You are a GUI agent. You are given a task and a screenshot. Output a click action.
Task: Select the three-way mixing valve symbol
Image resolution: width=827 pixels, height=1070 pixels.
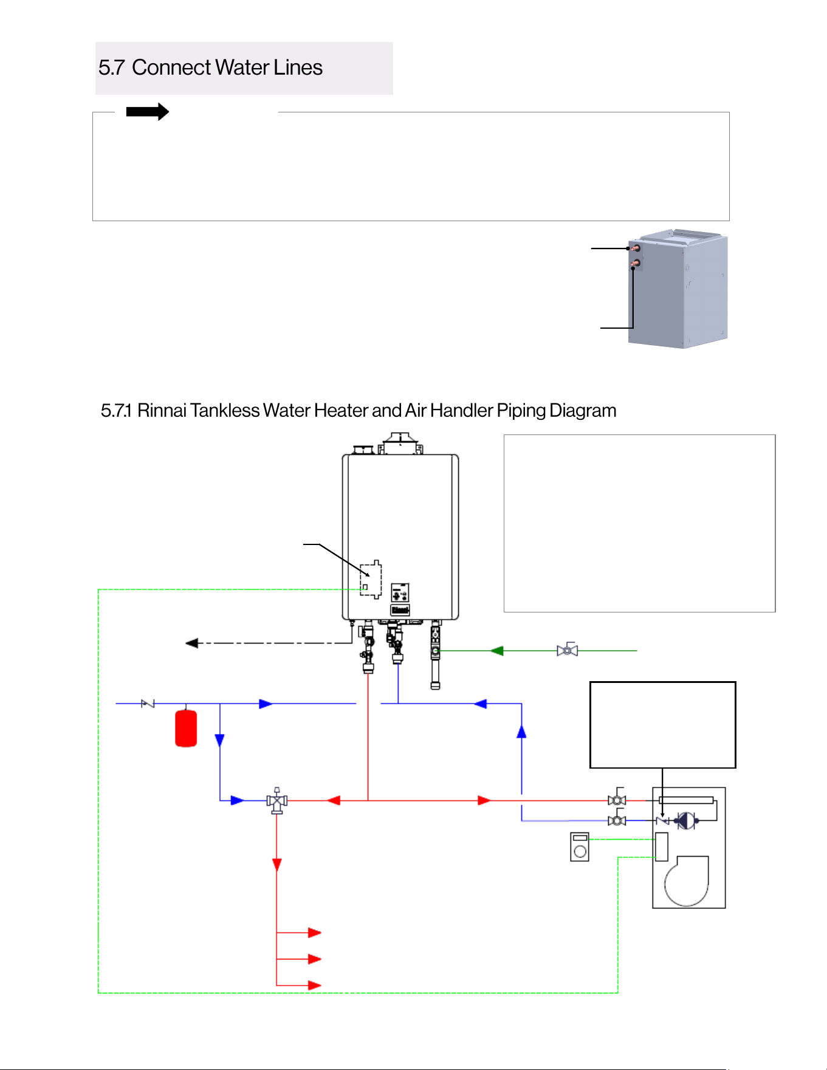[276, 801]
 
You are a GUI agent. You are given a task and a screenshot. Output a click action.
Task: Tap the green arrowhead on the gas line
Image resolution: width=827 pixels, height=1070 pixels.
[497, 651]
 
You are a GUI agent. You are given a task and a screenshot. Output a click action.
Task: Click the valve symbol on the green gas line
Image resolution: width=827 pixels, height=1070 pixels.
[567, 650]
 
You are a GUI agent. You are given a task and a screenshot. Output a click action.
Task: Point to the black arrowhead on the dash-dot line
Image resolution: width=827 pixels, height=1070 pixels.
[192, 643]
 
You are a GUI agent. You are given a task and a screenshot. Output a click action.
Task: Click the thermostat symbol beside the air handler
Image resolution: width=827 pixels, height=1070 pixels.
[580, 846]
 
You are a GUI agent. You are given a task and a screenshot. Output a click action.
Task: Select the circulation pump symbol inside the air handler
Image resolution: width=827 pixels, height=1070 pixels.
[686, 821]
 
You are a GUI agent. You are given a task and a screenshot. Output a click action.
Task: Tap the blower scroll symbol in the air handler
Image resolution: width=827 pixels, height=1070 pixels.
[687, 880]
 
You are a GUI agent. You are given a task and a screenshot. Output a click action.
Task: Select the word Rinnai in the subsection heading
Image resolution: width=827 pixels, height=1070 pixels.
[162, 411]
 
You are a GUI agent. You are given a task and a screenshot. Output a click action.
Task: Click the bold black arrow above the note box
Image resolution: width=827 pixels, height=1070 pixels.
[147, 112]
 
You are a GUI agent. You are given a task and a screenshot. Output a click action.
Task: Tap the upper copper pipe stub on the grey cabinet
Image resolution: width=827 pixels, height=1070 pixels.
[635, 248]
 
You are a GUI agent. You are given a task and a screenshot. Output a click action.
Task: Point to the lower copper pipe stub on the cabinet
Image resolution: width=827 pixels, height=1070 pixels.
[635, 264]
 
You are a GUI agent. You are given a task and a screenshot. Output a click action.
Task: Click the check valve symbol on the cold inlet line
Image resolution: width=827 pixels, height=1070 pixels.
[148, 704]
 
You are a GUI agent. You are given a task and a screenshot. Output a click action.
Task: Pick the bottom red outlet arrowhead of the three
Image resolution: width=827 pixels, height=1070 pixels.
[315, 985]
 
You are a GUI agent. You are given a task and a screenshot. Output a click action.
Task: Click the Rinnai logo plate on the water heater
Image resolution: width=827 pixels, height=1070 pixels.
[400, 609]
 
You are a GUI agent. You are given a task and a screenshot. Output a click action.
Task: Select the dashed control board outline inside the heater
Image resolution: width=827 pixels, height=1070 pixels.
[371, 579]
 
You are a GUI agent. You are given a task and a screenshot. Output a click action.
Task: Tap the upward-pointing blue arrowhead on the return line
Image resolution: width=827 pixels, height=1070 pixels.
[521, 732]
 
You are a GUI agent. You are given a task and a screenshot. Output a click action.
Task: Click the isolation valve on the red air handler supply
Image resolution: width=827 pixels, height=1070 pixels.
[617, 799]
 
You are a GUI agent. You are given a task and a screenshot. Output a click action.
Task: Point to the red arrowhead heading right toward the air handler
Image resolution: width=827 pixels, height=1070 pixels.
[484, 801]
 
